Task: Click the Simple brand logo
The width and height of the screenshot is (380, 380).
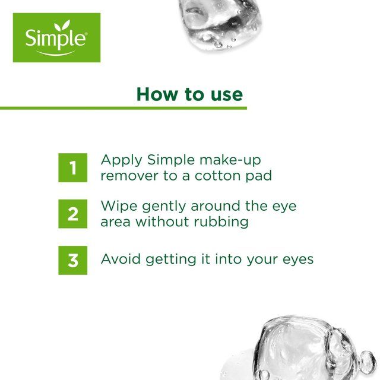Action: coord(56,37)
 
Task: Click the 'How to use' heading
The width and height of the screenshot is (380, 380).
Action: coord(189,94)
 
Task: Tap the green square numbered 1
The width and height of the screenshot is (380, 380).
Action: coord(72,168)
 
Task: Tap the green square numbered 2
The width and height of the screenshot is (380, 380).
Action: coord(72,214)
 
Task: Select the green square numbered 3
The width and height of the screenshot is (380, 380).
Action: coord(72,260)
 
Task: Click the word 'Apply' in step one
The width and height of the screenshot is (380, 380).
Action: coord(121,161)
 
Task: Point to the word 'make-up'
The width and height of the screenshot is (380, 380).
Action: coord(230,161)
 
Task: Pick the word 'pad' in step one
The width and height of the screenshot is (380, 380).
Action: coord(260,176)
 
